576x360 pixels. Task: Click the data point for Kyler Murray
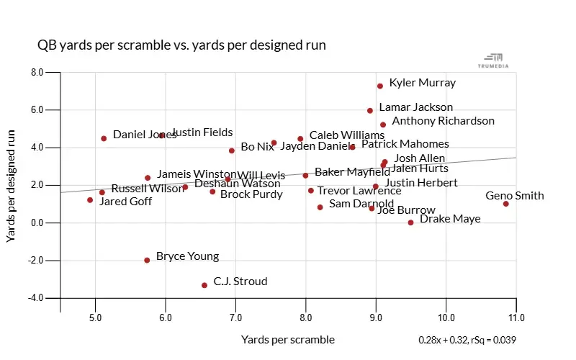pos(379,86)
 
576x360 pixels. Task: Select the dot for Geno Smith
pos(506,204)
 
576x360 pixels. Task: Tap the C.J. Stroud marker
pos(204,285)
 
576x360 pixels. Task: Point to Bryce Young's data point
pos(147,260)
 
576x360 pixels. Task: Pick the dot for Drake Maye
pos(411,222)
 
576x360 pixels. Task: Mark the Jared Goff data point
pos(90,200)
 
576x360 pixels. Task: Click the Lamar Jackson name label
pos(416,107)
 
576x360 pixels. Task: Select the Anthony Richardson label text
pos(443,121)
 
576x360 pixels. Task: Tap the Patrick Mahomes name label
pos(405,144)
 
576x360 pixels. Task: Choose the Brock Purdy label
pos(251,194)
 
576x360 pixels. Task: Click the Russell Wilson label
pos(148,189)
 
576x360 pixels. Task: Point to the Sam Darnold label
pos(361,204)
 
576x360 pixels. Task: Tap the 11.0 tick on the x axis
pos(516,318)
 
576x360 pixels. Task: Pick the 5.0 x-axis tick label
pos(94,318)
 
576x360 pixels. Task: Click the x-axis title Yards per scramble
pos(288,339)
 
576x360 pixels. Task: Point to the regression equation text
pos(467,340)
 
